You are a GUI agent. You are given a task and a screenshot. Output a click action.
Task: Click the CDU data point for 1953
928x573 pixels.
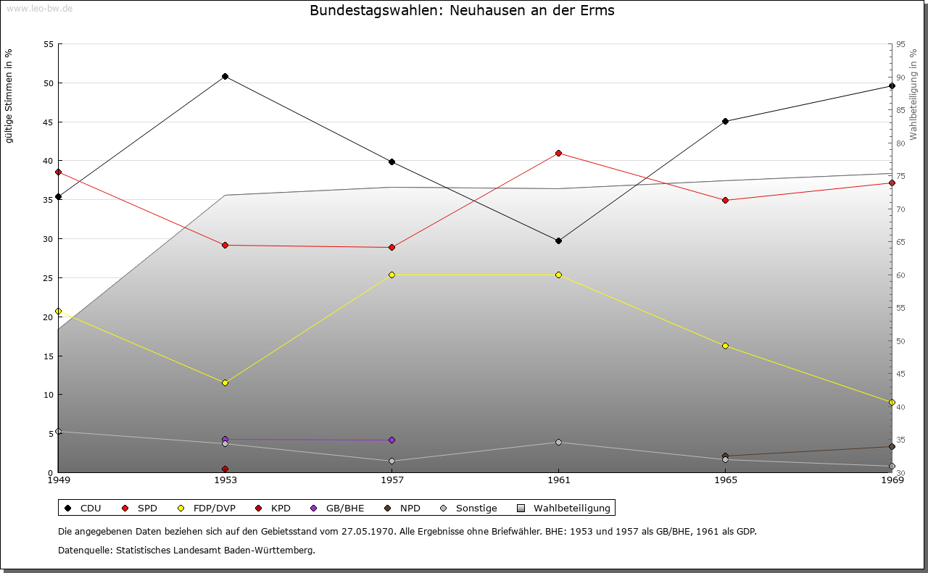pyautogui.click(x=225, y=76)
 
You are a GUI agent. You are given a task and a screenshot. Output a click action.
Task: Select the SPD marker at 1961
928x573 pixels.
pyautogui.click(x=558, y=153)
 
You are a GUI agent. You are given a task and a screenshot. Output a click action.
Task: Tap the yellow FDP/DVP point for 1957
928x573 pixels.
pyautogui.click(x=391, y=275)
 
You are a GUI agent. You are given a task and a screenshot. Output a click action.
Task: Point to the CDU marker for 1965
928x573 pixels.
pyautogui.click(x=725, y=121)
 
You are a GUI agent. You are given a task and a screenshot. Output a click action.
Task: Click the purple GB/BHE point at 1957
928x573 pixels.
pyautogui.click(x=391, y=440)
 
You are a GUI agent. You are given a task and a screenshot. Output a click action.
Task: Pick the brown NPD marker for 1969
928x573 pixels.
pyautogui.click(x=892, y=446)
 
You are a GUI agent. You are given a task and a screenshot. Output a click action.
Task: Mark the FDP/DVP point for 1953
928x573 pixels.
pyautogui.click(x=225, y=382)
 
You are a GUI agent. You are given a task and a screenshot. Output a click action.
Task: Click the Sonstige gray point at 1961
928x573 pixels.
pyautogui.click(x=558, y=442)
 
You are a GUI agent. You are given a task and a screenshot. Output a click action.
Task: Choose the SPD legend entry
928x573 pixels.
pyautogui.click(x=141, y=508)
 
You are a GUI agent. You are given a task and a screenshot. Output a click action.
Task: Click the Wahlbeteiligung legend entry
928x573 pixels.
pyautogui.click(x=565, y=508)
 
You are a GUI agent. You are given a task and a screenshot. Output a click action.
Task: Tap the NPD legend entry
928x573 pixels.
pyautogui.click(x=403, y=508)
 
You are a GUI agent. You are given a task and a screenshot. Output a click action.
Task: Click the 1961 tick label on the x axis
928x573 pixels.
pyautogui.click(x=558, y=480)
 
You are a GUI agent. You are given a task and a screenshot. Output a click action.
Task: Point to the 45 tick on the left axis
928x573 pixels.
pyautogui.click(x=49, y=122)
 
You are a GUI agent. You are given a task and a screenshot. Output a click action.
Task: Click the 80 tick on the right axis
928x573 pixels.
pyautogui.click(x=900, y=143)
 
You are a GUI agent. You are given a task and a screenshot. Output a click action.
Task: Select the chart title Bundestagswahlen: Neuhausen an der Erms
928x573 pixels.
pyautogui.click(x=462, y=11)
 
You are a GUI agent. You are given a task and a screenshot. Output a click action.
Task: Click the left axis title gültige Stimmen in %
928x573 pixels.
pyautogui.click(x=9, y=96)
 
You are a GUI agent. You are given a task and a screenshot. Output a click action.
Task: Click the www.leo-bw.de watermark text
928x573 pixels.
pyautogui.click(x=38, y=7)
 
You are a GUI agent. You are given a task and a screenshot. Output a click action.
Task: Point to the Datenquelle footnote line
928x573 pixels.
pyautogui.click(x=186, y=550)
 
